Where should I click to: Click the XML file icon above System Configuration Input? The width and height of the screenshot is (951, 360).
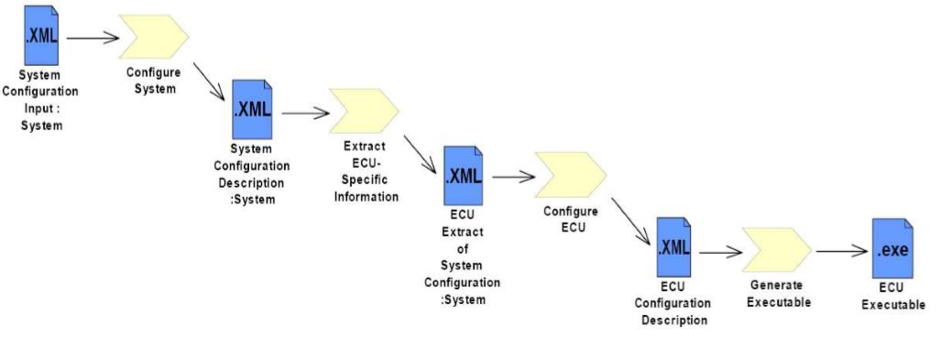(41, 35)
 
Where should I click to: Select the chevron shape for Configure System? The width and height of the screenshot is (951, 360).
(153, 37)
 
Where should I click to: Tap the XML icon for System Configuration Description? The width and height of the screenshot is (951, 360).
(252, 109)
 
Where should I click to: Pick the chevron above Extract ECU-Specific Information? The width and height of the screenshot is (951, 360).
(364, 111)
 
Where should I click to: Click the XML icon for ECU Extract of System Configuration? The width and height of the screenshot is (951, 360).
(464, 175)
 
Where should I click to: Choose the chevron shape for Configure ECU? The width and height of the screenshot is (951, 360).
(571, 175)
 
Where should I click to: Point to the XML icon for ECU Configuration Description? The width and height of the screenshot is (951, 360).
(673, 247)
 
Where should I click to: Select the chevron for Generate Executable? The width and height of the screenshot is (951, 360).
(777, 250)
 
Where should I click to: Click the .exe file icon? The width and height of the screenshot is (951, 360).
(892, 249)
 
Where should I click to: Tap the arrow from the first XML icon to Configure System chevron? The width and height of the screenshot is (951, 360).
(93, 38)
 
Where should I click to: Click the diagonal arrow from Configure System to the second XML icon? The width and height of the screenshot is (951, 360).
(210, 82)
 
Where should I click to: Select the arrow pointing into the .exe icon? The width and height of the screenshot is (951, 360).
(842, 251)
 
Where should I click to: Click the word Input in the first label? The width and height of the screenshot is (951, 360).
(38, 110)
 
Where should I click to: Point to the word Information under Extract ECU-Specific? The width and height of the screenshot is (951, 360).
(366, 196)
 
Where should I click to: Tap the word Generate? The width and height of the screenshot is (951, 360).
(776, 285)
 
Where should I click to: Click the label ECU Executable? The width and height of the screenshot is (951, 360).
(893, 296)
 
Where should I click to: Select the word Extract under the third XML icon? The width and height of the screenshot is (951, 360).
(463, 232)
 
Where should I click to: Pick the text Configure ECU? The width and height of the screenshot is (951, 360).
(570, 220)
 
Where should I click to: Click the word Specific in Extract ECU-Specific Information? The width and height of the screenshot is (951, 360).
(365, 180)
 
